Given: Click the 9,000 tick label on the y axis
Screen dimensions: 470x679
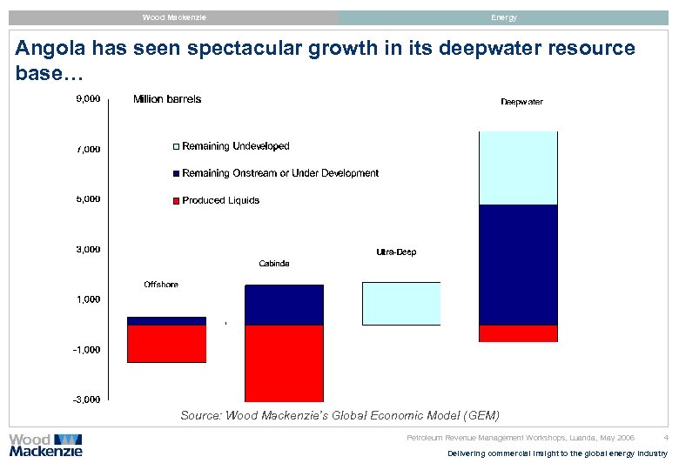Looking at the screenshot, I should point(87,98).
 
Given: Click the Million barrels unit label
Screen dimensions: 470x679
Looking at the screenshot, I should point(167,99).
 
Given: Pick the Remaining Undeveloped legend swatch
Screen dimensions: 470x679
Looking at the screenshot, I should point(176,147).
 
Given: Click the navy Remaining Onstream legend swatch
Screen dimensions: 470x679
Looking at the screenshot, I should point(176,174).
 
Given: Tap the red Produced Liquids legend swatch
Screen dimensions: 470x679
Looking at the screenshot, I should point(176,201).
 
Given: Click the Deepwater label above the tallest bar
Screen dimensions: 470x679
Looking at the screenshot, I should point(521,102).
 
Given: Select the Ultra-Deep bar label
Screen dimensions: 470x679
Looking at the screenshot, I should point(396,252).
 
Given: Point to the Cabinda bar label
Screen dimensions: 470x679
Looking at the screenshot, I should point(274,263).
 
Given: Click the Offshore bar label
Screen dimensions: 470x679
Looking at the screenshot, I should point(161,285).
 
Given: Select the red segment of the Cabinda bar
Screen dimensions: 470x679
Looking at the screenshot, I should point(284,362).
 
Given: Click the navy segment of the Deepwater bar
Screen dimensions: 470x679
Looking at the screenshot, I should point(518,265).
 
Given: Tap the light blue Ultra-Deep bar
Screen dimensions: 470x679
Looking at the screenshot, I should point(401,304).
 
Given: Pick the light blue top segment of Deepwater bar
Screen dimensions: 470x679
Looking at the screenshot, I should point(518,168).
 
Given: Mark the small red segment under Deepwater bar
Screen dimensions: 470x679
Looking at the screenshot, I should point(518,333).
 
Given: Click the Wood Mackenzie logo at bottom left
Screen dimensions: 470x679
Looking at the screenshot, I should point(45,445).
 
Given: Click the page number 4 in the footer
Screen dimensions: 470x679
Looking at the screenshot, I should point(665,437).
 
